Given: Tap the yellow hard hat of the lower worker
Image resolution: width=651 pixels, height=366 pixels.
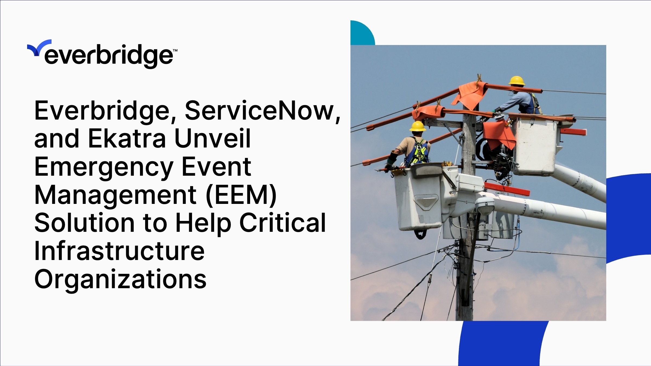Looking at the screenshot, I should click(417, 126).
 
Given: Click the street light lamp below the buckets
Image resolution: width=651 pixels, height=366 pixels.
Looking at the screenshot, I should click(484, 205).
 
